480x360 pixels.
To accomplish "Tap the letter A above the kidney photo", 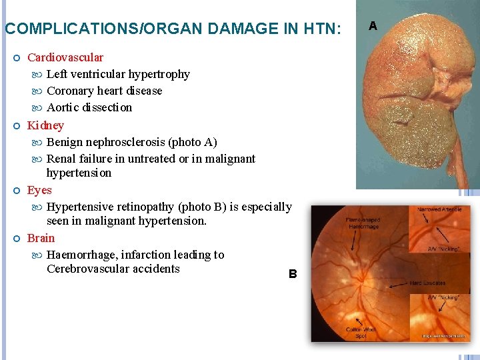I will (373, 26).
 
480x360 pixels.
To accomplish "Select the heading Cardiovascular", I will (65, 57).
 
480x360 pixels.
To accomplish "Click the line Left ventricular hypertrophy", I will (118, 74).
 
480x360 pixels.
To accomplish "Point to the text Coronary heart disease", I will (104, 91).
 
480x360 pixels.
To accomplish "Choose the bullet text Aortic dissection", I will (89, 107).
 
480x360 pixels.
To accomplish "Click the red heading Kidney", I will (45, 125).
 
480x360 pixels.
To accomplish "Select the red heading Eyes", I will (39, 190).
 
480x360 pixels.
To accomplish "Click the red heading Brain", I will (41, 238).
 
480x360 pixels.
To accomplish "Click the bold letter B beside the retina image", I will (292, 273).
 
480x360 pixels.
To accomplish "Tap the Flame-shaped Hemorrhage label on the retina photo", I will (363, 223).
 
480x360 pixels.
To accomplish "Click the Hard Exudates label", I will (429, 283).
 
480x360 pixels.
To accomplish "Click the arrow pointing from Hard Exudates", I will (399, 284).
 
